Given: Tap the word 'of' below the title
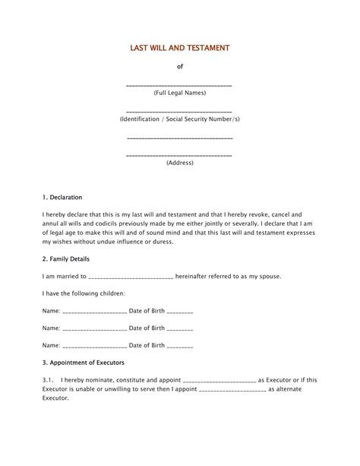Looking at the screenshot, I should (180, 67).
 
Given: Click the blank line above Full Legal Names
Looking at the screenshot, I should (179, 85).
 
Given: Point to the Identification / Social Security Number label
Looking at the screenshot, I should (180, 120).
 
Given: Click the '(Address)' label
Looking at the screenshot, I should (180, 163).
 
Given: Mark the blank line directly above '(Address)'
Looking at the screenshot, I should (179, 155).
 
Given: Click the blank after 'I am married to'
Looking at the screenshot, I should (132, 277).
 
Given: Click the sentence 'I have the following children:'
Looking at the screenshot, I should (84, 293).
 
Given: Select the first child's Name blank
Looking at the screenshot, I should (94, 312).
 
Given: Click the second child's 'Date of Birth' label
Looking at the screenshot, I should (147, 328).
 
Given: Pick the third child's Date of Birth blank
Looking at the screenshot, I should (180, 346).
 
